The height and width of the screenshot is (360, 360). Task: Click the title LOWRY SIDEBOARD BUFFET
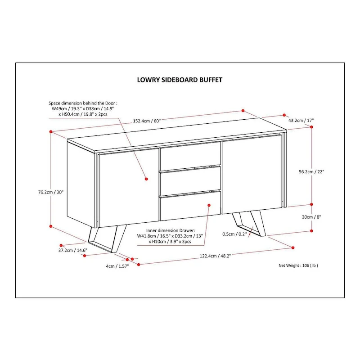coord(180,80)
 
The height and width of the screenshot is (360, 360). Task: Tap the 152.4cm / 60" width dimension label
coord(147,121)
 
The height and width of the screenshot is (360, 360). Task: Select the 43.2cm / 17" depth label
coord(301,121)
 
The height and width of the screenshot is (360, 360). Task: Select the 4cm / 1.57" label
coord(117,266)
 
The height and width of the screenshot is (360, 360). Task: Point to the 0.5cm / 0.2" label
coord(234,234)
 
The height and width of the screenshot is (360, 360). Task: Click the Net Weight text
coord(298,265)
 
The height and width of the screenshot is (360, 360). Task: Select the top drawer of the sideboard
coord(190,154)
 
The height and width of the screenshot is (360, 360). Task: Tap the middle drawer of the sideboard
coord(190,179)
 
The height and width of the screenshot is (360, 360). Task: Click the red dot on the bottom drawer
coord(209,205)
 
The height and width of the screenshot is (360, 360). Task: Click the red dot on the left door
coord(147,179)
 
